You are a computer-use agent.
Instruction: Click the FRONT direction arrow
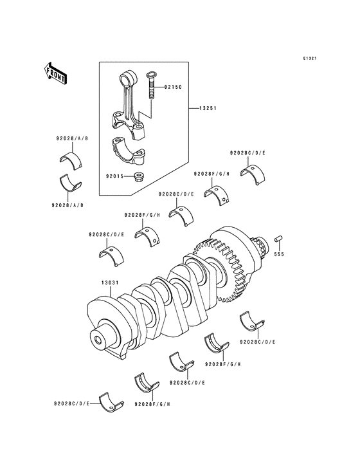[55, 73]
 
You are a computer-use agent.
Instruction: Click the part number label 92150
[173, 87]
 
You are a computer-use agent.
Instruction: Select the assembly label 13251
[208, 108]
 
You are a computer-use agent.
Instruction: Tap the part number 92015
[114, 176]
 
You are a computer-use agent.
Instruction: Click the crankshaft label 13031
[110, 282]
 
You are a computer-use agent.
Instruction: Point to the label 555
[279, 254]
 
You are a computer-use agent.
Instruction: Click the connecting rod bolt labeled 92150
[151, 85]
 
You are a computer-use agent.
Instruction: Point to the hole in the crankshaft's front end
[98, 340]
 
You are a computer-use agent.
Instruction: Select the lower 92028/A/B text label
[67, 205]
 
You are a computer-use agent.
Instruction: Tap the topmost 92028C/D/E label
[248, 153]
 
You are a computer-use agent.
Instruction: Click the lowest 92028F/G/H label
[153, 404]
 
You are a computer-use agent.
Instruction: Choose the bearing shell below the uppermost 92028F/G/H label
[216, 196]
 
